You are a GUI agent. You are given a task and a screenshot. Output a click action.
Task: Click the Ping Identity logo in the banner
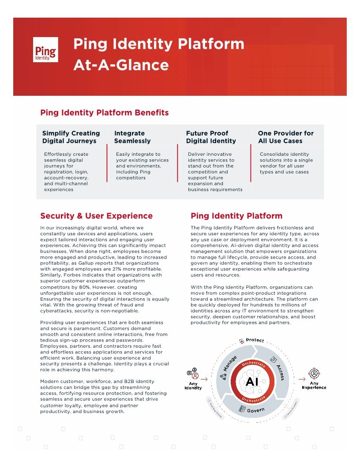(x=45, y=49)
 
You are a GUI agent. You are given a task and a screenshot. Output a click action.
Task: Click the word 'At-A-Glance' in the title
(x=121, y=65)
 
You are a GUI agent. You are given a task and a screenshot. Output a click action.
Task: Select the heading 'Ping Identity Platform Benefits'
(x=105, y=113)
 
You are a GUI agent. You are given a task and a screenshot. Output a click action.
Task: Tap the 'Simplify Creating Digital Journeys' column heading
(x=71, y=137)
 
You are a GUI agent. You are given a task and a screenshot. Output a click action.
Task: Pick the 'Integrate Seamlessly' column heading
(x=132, y=137)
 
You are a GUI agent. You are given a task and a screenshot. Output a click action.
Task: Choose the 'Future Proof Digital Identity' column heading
(x=211, y=137)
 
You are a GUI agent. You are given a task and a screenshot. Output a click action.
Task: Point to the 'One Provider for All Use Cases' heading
(x=286, y=137)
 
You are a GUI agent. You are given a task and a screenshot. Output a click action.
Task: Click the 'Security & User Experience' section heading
(x=96, y=216)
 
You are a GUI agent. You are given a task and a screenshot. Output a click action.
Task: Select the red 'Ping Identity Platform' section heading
(x=236, y=216)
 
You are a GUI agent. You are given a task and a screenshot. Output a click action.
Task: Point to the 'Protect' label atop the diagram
(x=255, y=340)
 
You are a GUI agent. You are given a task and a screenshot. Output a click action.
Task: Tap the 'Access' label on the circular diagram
(x=280, y=372)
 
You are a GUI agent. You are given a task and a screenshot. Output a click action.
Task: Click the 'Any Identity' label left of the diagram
(x=193, y=386)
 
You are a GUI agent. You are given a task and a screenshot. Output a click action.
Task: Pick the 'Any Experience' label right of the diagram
(x=314, y=385)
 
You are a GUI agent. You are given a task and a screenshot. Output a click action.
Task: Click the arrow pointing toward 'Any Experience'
(x=302, y=379)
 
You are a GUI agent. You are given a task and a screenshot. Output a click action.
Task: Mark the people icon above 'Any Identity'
(x=192, y=373)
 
